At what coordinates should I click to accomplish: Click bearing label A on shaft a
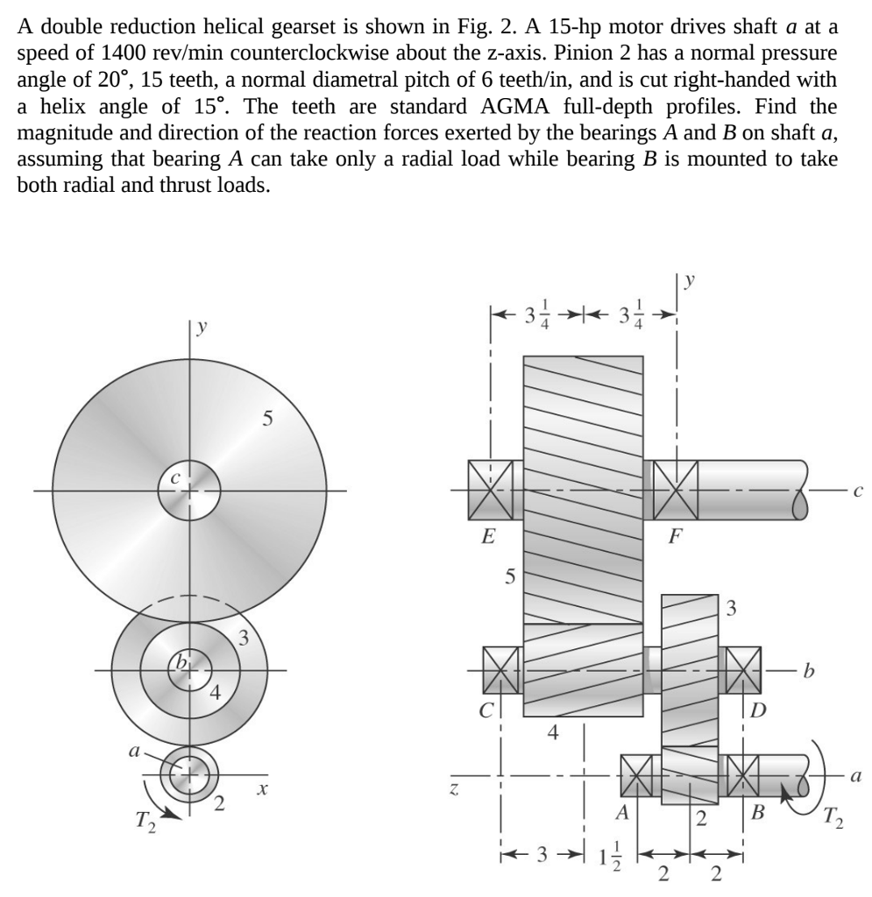pyautogui.click(x=622, y=812)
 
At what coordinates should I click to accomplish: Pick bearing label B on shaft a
pyautogui.click(x=757, y=812)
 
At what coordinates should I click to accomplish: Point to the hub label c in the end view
pyautogui.click(x=175, y=478)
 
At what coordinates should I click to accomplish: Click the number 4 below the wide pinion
pyautogui.click(x=552, y=731)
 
